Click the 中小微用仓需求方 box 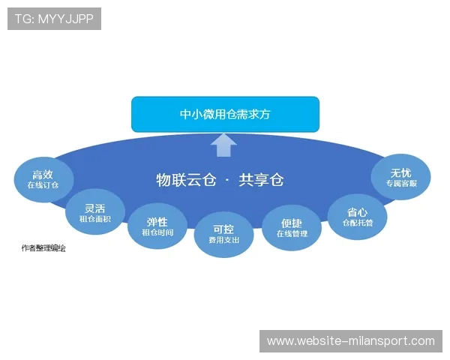click(x=225, y=114)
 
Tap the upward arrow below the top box click(x=224, y=145)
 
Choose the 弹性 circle click(x=157, y=226)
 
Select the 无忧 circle click(x=400, y=177)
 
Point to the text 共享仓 click(x=261, y=180)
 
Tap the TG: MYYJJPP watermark click(x=54, y=18)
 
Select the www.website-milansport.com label click(x=351, y=341)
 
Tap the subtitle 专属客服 click(x=400, y=184)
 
